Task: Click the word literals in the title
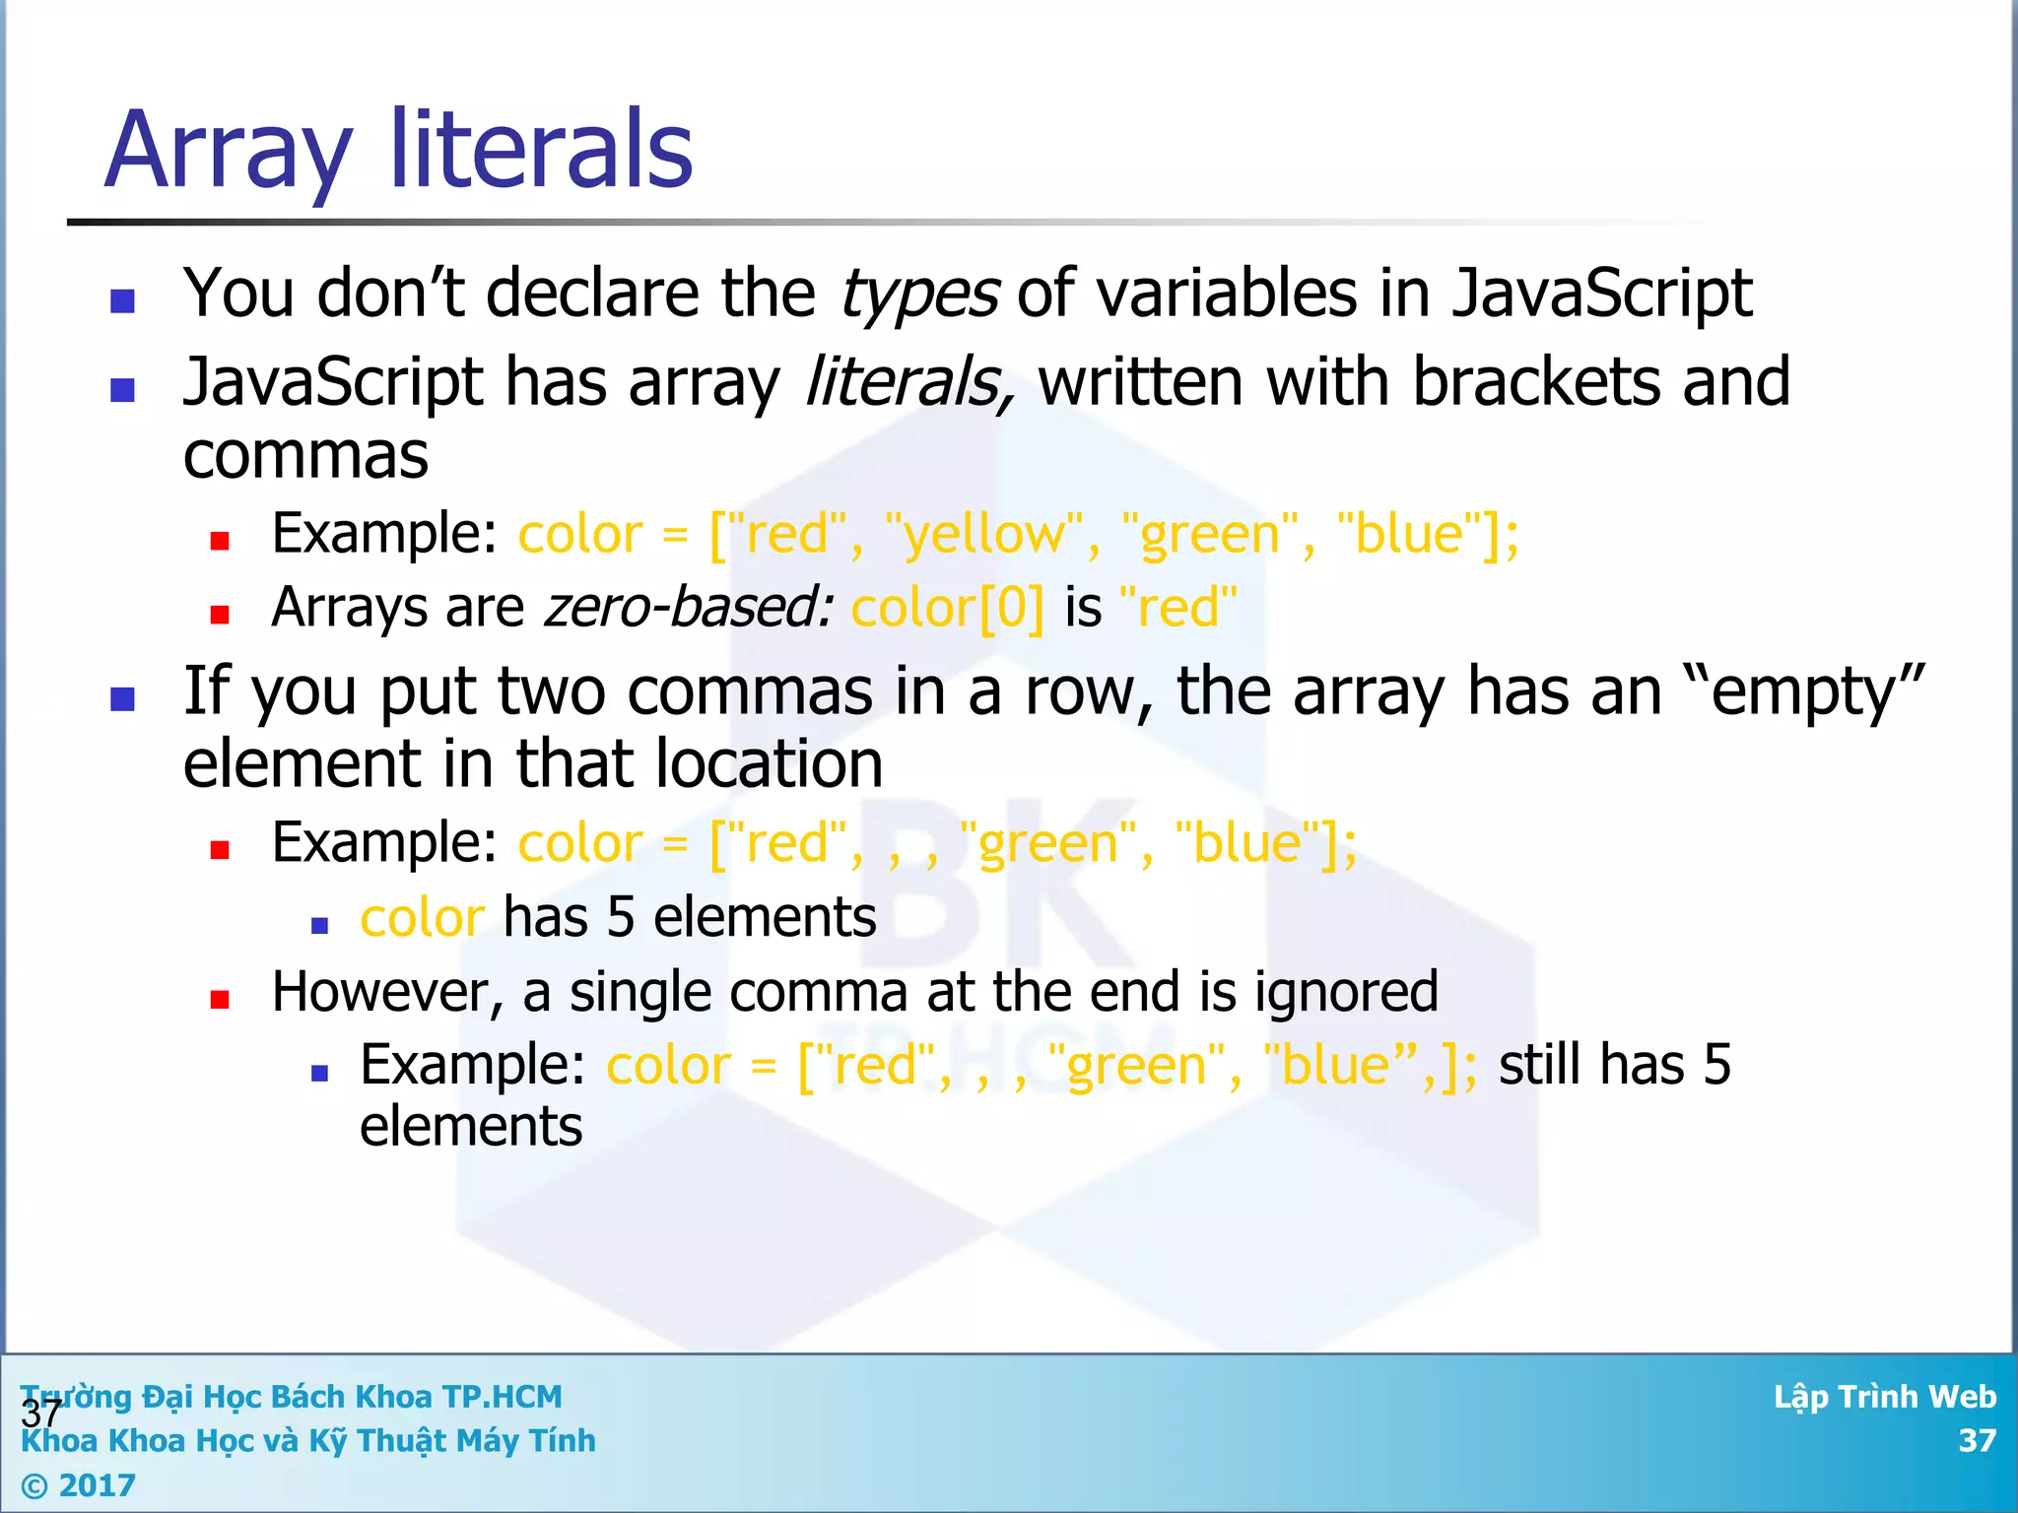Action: (542, 150)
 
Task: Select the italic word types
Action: (919, 295)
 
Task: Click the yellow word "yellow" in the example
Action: (985, 535)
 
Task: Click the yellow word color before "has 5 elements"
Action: (422, 919)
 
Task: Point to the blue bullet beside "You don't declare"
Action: (122, 300)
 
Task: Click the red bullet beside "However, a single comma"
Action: (220, 1000)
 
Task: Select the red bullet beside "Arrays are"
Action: (220, 616)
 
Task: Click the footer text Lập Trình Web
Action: (1884, 1397)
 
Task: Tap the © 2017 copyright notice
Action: (79, 1484)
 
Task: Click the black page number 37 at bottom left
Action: (40, 1414)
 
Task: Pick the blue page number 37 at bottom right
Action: (1977, 1441)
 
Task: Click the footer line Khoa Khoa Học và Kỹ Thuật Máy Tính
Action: (308, 1441)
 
